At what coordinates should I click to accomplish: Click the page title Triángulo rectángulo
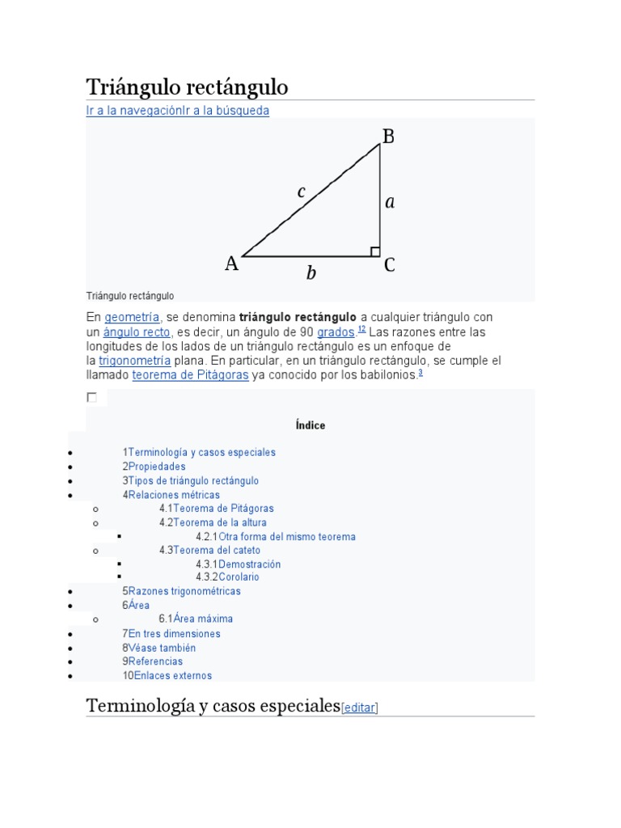tap(187, 87)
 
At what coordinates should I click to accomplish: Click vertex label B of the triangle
tap(388, 137)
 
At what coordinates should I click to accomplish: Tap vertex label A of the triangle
tap(232, 264)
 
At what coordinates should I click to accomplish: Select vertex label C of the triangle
tap(389, 265)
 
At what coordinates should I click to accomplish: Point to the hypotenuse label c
tap(302, 192)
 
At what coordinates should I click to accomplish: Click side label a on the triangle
tap(390, 202)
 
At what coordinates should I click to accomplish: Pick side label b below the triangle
tap(311, 274)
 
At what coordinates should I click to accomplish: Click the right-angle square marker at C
tap(375, 252)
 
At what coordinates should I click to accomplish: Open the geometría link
tap(133, 317)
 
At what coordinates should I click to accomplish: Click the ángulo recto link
tap(137, 332)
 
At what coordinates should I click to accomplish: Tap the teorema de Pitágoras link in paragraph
tap(190, 375)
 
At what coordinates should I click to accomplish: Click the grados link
tap(336, 332)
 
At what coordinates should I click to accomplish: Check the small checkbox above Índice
tap(91, 397)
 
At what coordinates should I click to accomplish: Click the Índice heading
tap(310, 425)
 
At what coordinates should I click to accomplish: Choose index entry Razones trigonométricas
tap(184, 591)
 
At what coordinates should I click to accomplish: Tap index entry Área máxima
tap(203, 619)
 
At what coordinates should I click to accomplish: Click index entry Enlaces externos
tap(170, 675)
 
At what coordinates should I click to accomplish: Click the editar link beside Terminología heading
tap(360, 708)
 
